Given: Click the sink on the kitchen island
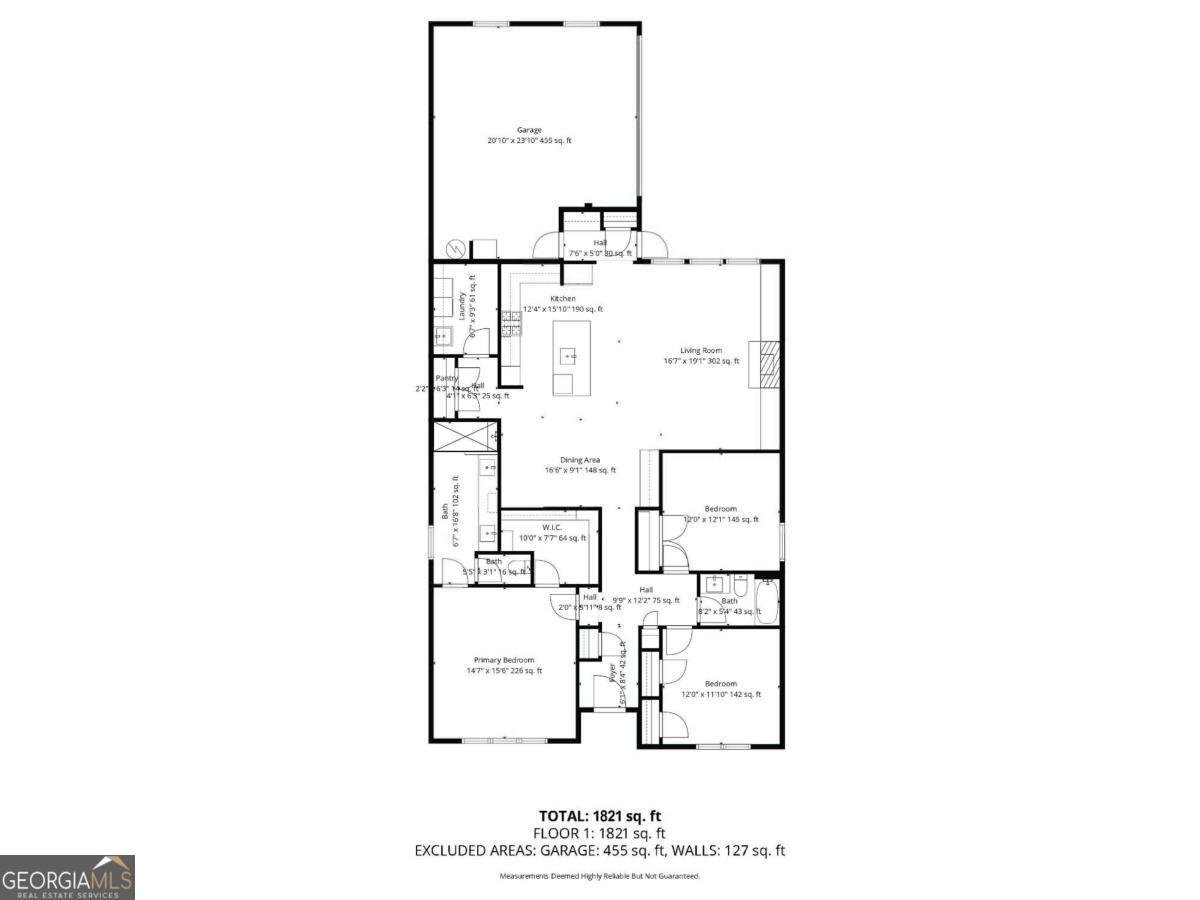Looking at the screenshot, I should point(568,355).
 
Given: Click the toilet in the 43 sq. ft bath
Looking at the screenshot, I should point(741,584).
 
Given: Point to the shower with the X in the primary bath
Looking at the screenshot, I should point(462,436).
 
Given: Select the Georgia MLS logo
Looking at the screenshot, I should point(67,878).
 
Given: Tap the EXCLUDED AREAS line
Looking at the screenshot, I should point(599,851).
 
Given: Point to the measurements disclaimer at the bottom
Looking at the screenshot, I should point(599,876).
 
